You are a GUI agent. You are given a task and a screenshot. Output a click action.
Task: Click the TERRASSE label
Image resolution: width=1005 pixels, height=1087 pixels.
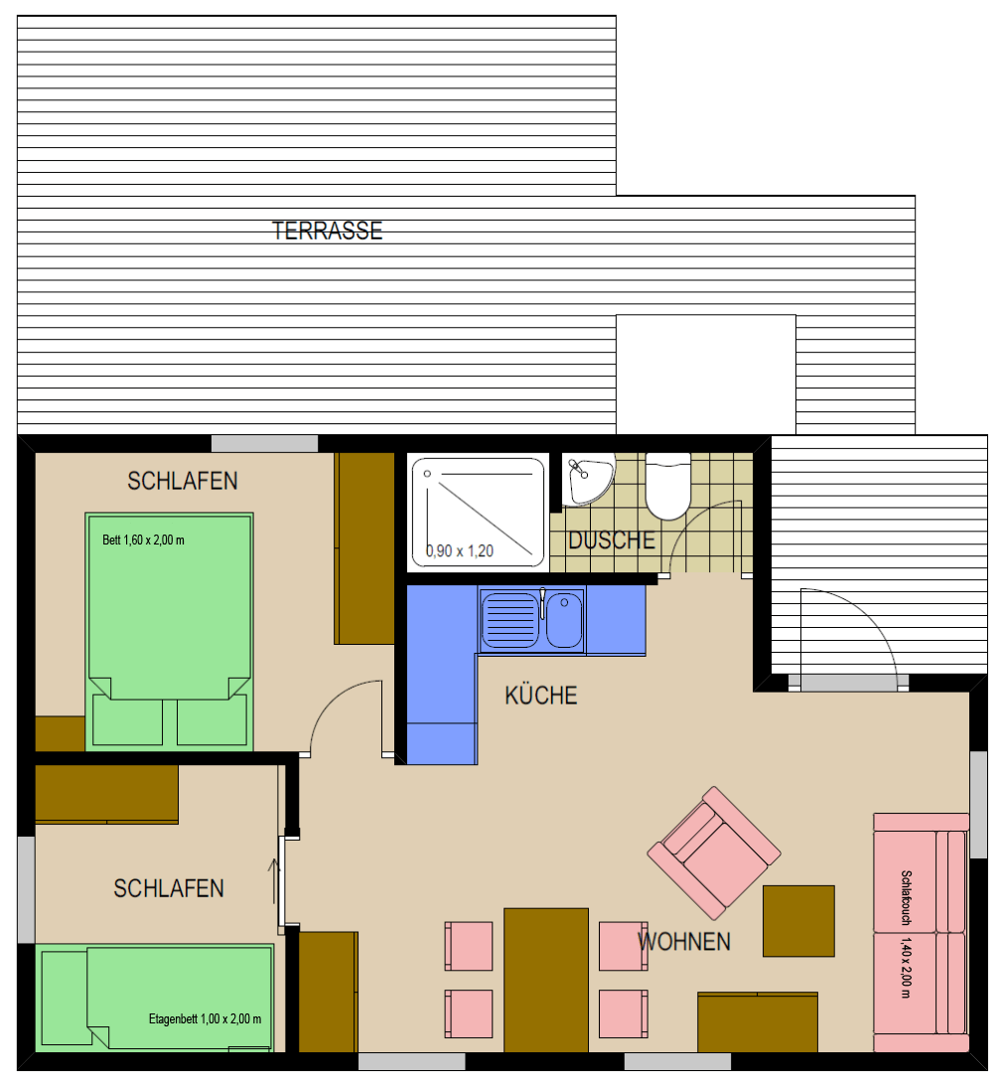tap(327, 231)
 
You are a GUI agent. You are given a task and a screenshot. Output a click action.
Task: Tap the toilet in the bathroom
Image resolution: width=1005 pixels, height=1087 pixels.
tap(668, 486)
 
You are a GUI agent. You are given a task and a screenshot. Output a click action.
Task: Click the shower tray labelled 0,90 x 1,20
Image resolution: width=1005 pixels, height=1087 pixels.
tap(479, 513)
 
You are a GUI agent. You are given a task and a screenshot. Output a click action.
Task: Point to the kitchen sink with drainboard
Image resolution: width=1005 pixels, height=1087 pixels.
tap(531, 620)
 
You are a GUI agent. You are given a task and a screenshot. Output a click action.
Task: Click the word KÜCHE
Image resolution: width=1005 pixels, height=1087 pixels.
tap(540, 696)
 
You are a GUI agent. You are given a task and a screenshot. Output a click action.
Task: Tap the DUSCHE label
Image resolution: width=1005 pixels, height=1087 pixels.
tap(612, 541)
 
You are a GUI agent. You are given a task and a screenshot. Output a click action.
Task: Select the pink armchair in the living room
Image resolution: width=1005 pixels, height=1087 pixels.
tap(714, 853)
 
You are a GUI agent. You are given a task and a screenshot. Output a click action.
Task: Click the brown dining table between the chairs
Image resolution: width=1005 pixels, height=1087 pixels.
tap(546, 981)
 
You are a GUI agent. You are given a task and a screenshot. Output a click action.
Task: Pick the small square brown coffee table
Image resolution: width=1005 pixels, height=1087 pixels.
tap(798, 921)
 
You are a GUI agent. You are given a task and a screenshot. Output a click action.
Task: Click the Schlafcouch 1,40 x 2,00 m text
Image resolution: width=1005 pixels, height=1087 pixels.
tap(906, 934)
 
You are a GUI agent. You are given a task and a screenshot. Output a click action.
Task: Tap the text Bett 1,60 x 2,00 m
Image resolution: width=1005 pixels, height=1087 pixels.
tap(143, 541)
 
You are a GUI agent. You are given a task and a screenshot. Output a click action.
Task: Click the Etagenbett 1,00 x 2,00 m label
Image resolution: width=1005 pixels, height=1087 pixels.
tap(206, 1019)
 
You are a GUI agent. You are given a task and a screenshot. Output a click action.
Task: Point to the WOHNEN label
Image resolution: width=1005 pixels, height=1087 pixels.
tap(684, 941)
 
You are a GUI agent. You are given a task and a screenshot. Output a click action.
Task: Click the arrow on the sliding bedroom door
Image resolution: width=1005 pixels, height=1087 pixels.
tap(274, 881)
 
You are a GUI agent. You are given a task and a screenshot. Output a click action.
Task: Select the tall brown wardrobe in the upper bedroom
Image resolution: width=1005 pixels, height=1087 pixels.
tap(364, 548)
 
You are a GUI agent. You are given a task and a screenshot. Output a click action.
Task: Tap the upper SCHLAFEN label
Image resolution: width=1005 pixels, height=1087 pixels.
tap(183, 481)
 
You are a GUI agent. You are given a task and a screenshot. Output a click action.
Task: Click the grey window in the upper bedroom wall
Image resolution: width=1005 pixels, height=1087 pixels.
tap(265, 444)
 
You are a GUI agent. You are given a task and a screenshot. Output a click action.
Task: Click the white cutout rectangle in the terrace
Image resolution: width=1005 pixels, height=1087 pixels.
tap(705, 375)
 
